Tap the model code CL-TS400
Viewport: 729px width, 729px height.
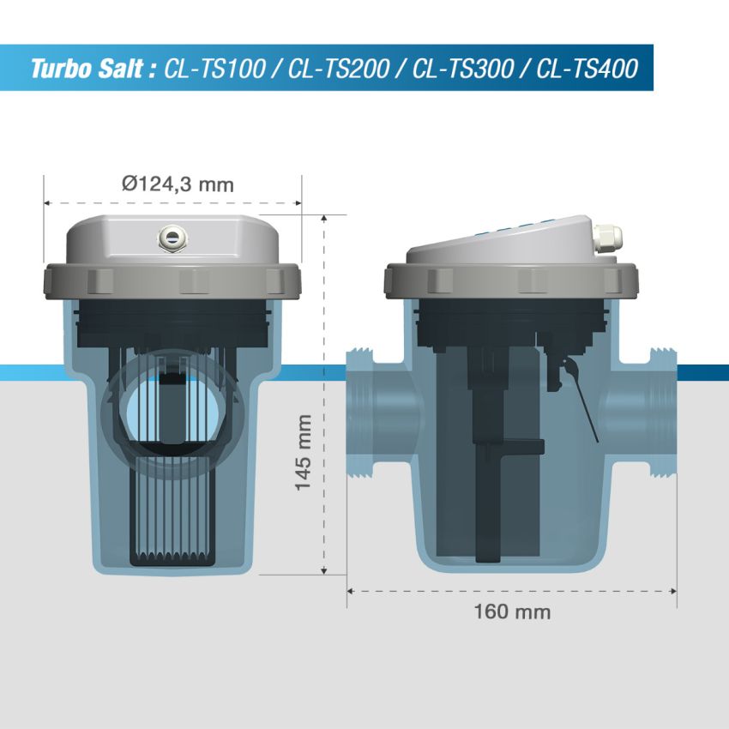pos(587,69)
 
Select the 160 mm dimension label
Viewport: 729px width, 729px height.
pos(512,612)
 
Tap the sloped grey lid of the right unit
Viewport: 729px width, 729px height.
pos(497,244)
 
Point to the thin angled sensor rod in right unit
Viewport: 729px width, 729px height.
pos(583,412)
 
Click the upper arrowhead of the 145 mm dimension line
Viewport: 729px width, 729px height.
pos(324,220)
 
